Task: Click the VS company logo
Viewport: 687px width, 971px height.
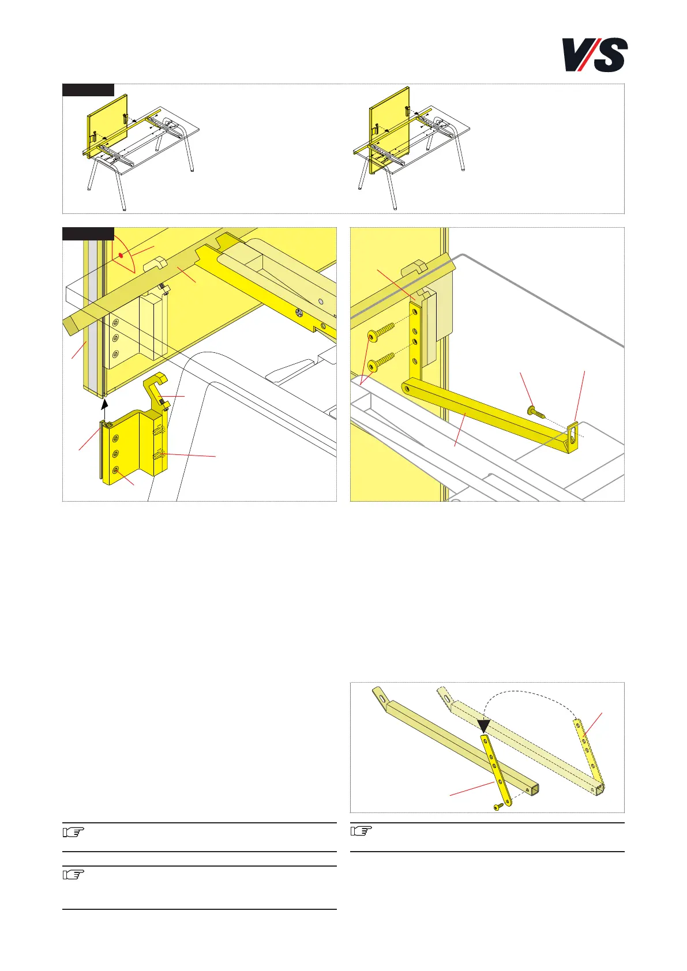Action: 595,55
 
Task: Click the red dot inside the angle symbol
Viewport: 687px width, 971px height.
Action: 121,256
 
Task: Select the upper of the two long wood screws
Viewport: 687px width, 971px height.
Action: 381,332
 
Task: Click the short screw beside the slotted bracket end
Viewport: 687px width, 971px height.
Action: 536,412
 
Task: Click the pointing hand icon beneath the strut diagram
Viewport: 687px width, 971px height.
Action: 361,830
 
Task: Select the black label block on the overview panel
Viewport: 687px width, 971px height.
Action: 88,90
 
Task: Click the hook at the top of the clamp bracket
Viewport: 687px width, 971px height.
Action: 155,379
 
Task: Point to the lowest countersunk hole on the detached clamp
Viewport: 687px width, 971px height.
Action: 115,471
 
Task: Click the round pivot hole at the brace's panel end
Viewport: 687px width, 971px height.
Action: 407,389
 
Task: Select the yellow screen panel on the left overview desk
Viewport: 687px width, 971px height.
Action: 107,127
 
